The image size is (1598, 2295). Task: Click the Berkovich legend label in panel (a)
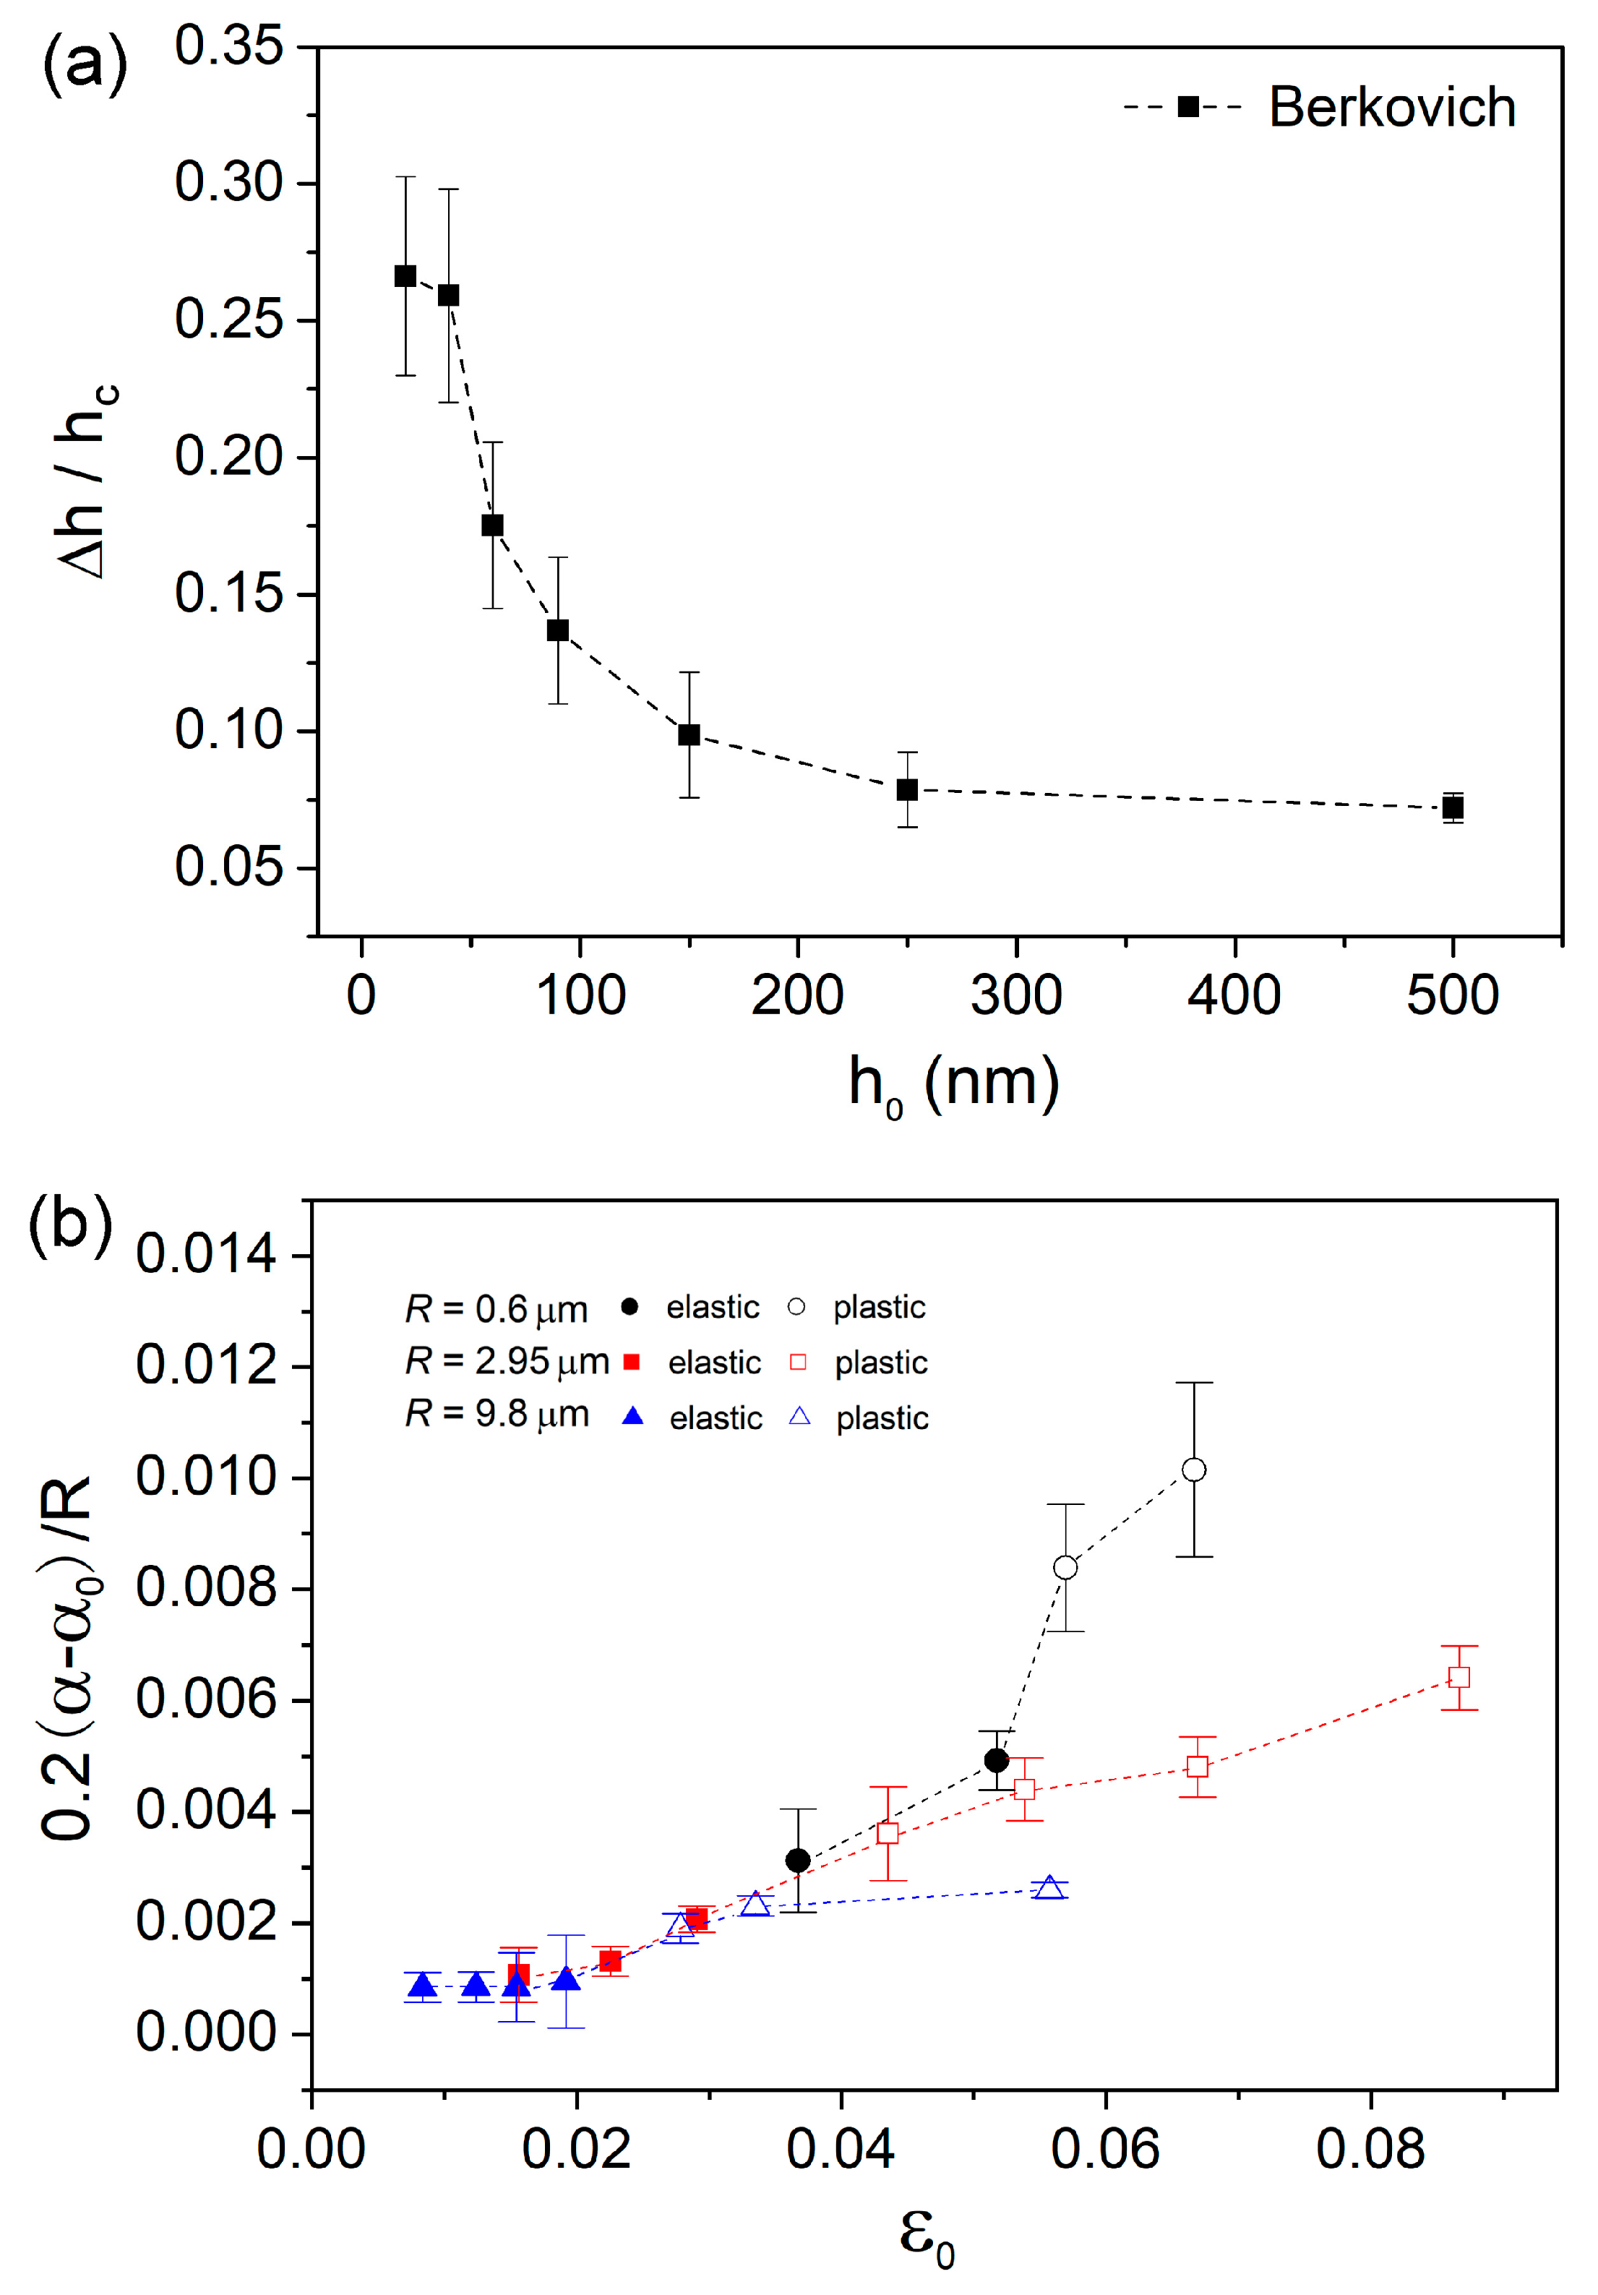coord(1391,107)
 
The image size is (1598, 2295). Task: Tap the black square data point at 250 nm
coord(906,789)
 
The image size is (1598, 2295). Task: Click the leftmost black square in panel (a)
coord(405,276)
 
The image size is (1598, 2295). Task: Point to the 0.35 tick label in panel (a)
coord(229,46)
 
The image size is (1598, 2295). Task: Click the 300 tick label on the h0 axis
coord(1015,995)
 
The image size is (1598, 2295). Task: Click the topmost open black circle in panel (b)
coord(1193,1470)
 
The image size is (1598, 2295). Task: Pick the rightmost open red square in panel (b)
coord(1459,1677)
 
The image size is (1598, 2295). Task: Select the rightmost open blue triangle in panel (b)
coord(1048,1887)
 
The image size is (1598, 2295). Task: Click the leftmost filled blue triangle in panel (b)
coord(423,1985)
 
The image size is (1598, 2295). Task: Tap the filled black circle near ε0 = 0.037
coord(797,1860)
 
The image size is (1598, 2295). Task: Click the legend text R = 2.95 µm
coord(506,1361)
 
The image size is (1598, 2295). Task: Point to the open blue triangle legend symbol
coord(799,1416)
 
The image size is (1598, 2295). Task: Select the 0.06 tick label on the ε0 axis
coord(1104,2150)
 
